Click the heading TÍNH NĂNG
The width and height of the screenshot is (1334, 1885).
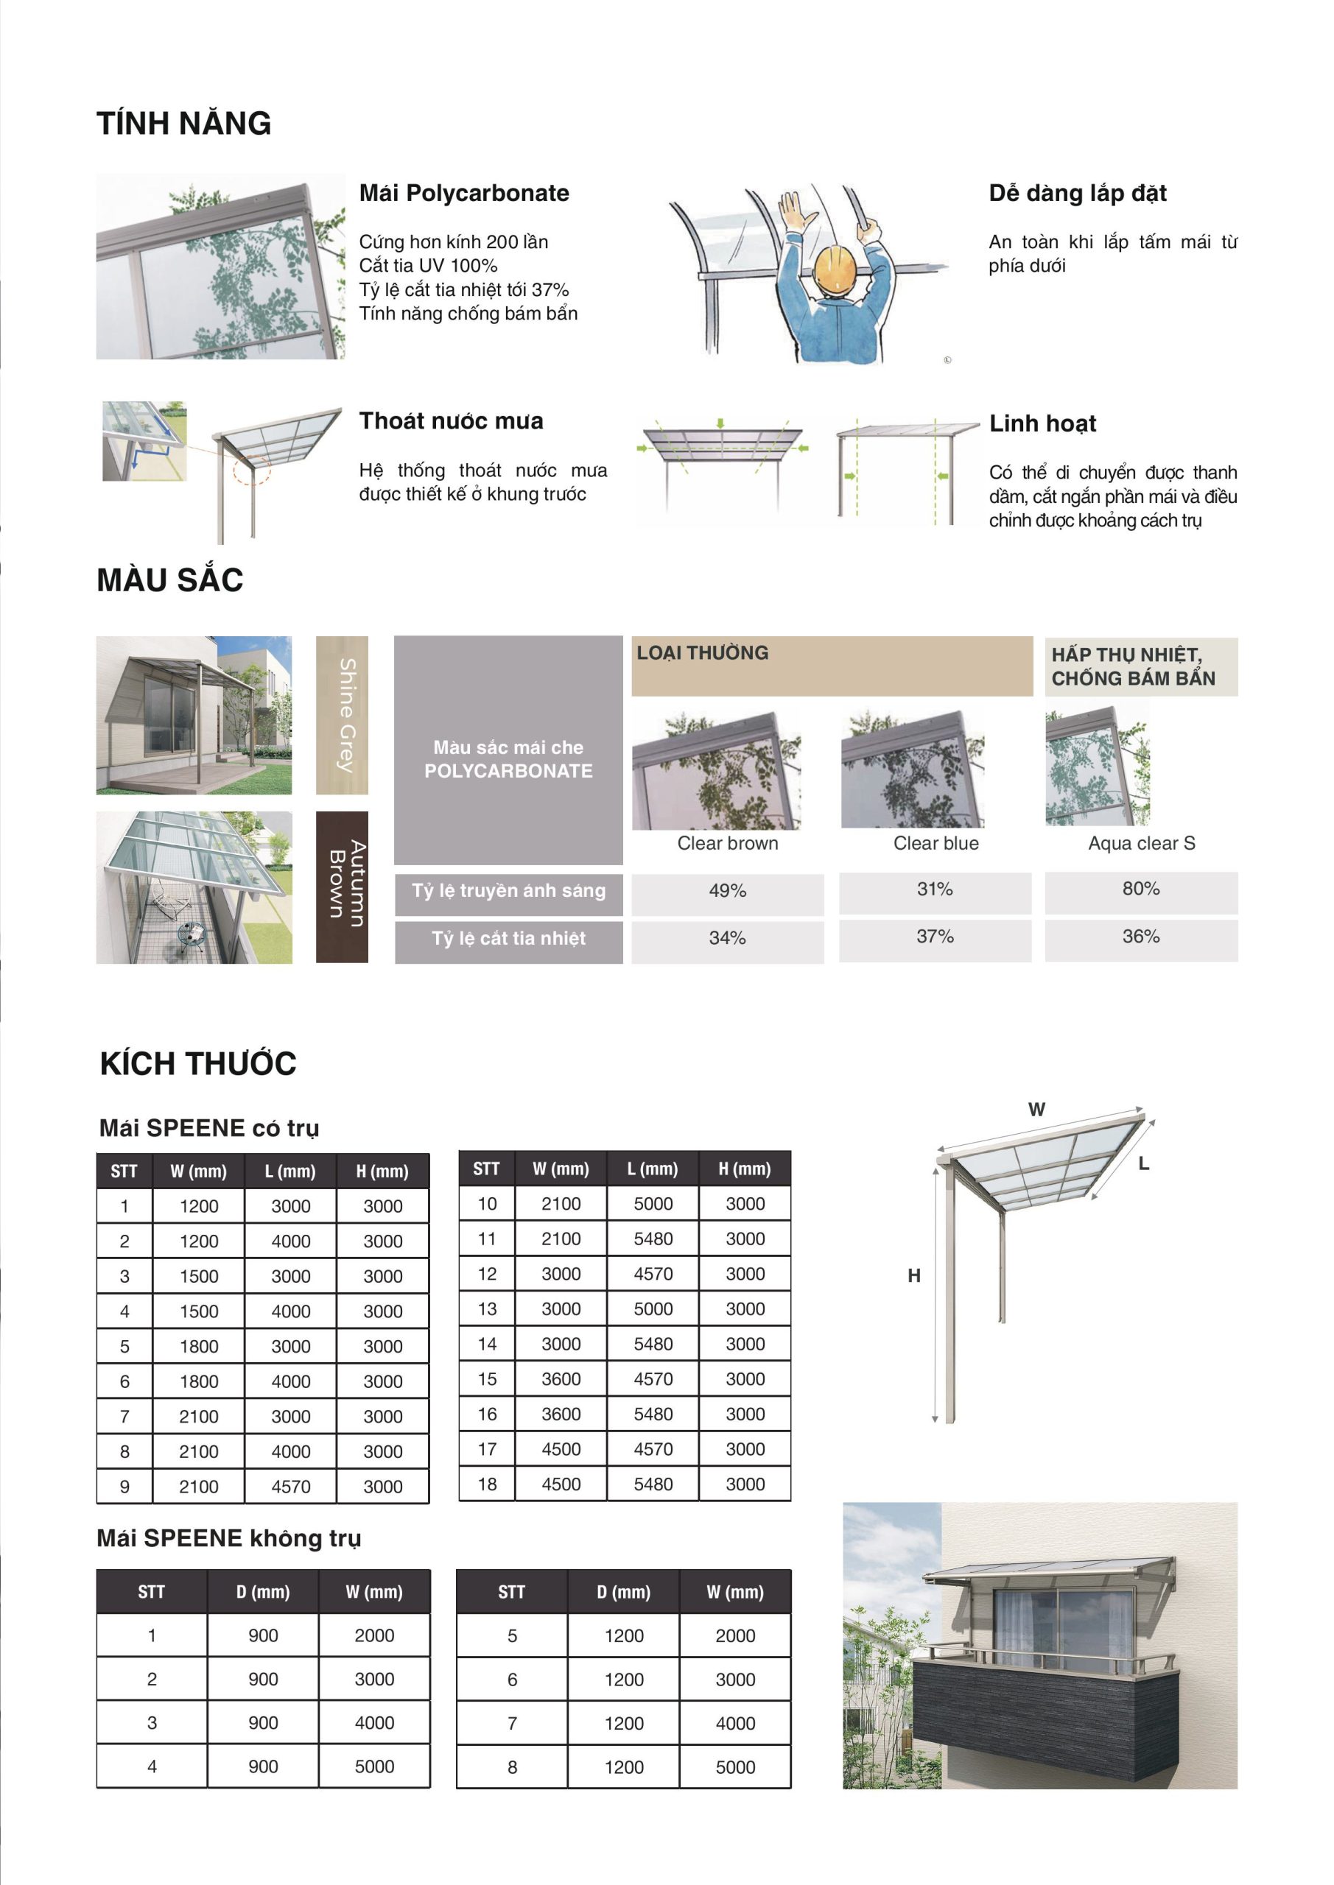click(184, 123)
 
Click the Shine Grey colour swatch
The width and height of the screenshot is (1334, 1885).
click(342, 714)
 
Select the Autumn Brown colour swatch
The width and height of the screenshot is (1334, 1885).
click(342, 887)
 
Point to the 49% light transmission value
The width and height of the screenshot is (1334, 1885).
click(727, 891)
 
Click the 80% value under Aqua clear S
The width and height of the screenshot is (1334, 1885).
click(1141, 888)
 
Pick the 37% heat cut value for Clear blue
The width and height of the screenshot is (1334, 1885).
click(935, 937)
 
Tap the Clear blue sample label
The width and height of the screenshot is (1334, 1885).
click(935, 843)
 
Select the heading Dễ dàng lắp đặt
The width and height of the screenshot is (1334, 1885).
click(1077, 193)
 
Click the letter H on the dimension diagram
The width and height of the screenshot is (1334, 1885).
click(914, 1276)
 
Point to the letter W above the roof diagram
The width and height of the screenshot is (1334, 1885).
click(1036, 1109)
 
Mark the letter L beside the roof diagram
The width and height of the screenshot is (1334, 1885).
click(1143, 1163)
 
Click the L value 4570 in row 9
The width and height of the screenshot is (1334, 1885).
click(291, 1487)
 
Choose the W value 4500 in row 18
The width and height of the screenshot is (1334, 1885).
click(561, 1484)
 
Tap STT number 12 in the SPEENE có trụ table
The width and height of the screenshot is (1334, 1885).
click(487, 1274)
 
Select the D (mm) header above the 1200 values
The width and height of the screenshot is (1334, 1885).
click(623, 1592)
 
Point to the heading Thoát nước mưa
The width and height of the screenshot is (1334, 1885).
click(451, 421)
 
